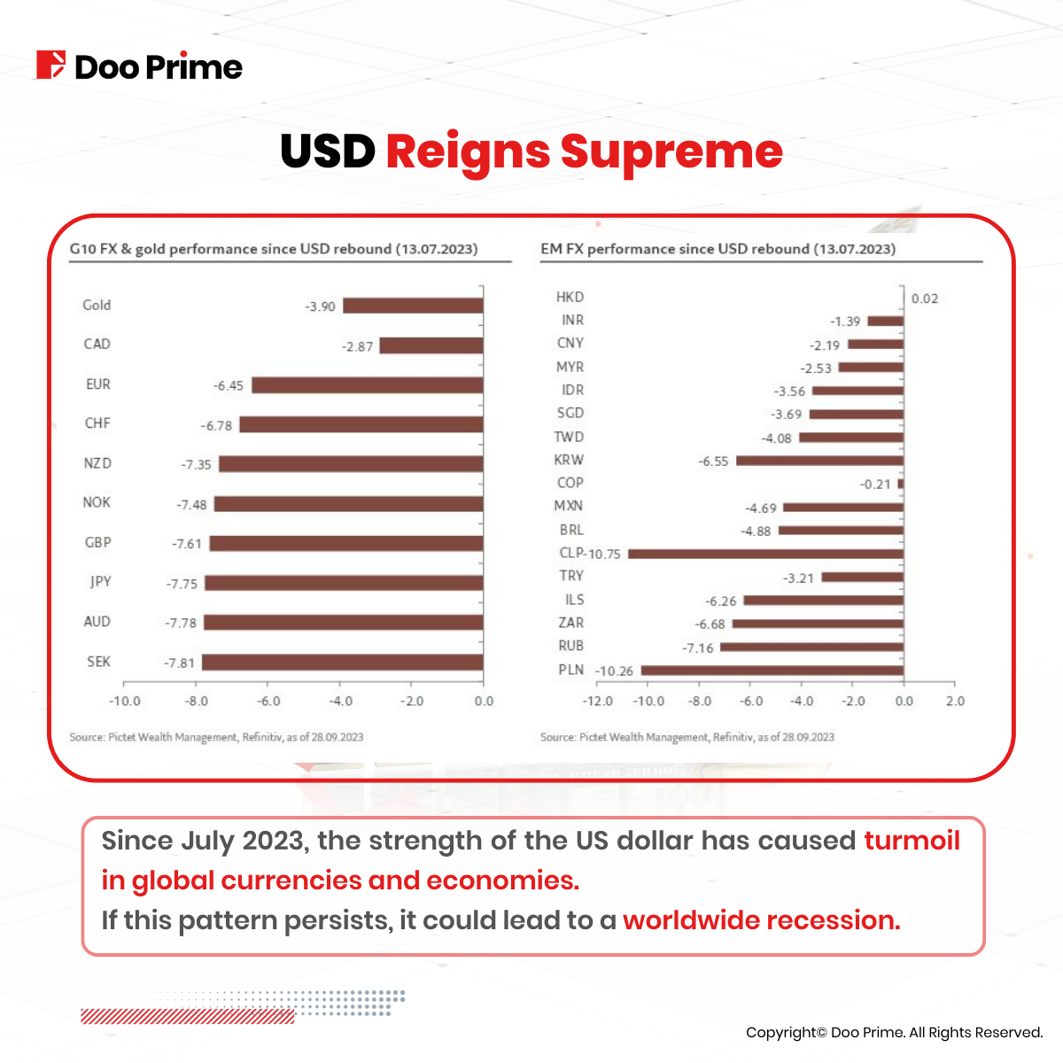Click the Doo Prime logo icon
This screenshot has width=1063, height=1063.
(50, 66)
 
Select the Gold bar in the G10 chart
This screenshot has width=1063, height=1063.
(413, 306)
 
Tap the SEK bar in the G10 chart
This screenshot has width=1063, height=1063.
(342, 663)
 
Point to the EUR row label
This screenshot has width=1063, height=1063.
(97, 384)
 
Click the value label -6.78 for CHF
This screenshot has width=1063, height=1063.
(216, 426)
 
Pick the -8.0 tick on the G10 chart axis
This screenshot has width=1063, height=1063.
(196, 701)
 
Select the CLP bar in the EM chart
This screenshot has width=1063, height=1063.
(765, 554)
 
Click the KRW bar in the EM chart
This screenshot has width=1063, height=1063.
(819, 461)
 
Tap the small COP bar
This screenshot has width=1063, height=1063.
(900, 485)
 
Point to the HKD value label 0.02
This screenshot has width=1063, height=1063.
(924, 299)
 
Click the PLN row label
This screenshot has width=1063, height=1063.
(570, 670)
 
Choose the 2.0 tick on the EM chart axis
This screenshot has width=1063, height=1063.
(955, 701)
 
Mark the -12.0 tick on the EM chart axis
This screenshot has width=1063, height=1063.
(598, 701)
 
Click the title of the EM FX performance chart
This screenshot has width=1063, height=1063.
(718, 249)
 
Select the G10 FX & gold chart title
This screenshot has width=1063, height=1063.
(274, 249)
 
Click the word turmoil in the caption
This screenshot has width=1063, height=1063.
(912, 840)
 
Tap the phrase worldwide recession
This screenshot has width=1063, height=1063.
(761, 920)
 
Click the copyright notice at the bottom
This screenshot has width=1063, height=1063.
(894, 1032)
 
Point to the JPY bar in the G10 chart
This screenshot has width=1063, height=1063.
(344, 583)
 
